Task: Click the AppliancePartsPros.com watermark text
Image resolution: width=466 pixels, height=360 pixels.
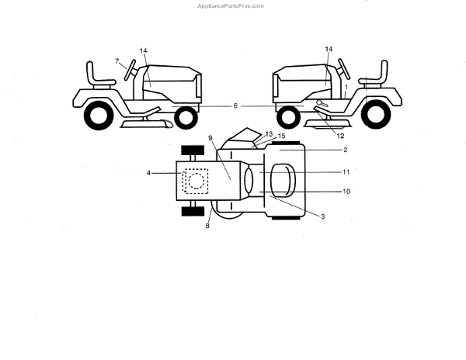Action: click(232, 5)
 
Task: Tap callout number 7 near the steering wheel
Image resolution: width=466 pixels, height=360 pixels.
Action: click(117, 61)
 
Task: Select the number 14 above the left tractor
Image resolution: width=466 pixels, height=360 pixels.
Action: click(144, 51)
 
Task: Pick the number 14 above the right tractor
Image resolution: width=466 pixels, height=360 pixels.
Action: click(329, 50)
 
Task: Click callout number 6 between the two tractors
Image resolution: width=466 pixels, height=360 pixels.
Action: click(235, 105)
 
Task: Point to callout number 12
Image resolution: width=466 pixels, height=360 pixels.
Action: click(341, 137)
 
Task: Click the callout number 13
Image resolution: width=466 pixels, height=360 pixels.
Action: click(269, 134)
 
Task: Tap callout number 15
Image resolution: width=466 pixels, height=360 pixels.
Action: click(281, 137)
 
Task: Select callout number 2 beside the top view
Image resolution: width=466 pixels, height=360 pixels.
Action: click(345, 149)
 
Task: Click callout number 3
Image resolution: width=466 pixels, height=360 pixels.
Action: click(322, 216)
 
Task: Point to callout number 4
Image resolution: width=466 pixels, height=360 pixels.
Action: click(148, 172)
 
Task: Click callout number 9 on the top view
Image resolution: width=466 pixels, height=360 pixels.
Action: click(210, 138)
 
